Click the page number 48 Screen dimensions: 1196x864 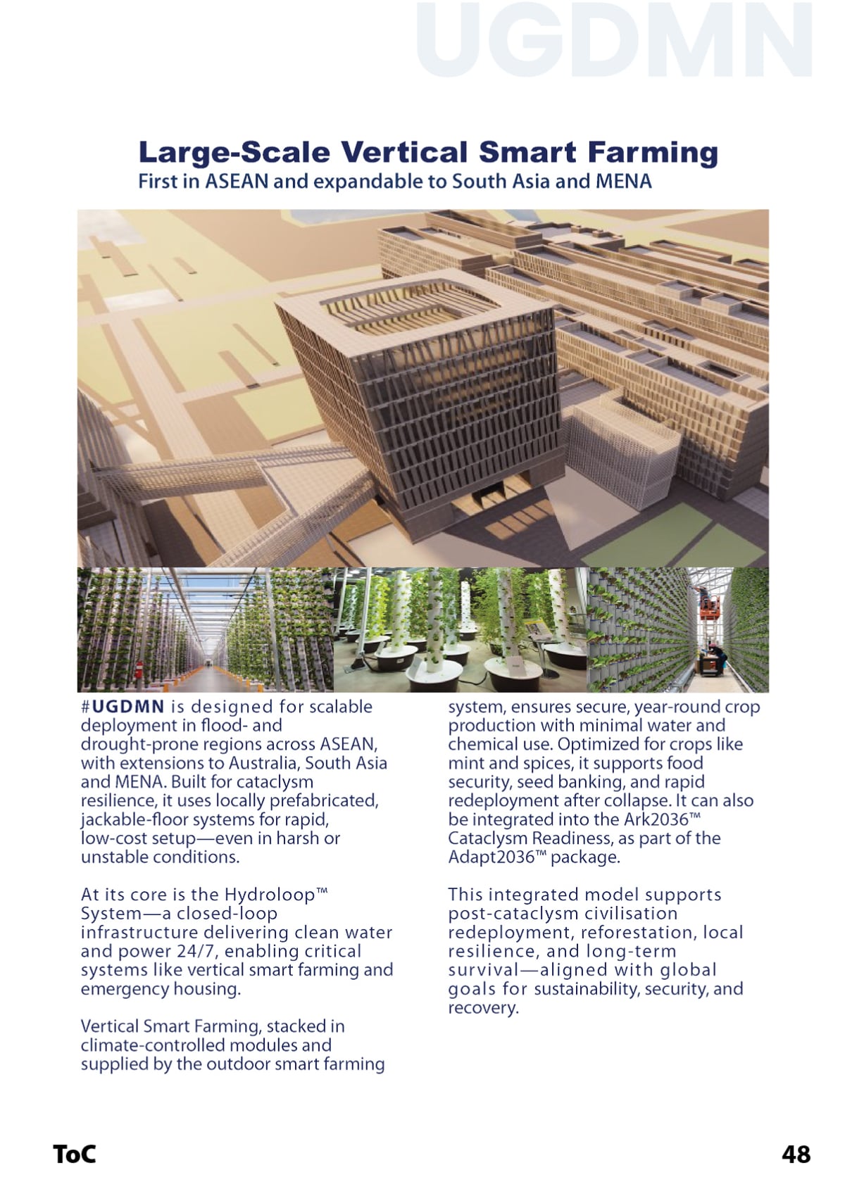[x=796, y=1154]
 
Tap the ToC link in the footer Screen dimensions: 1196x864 [x=75, y=1154]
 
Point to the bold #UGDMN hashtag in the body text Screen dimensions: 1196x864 [x=123, y=707]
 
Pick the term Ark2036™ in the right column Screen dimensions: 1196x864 [x=662, y=819]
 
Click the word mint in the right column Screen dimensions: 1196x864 [x=463, y=763]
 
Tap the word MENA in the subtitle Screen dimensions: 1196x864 [x=623, y=182]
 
